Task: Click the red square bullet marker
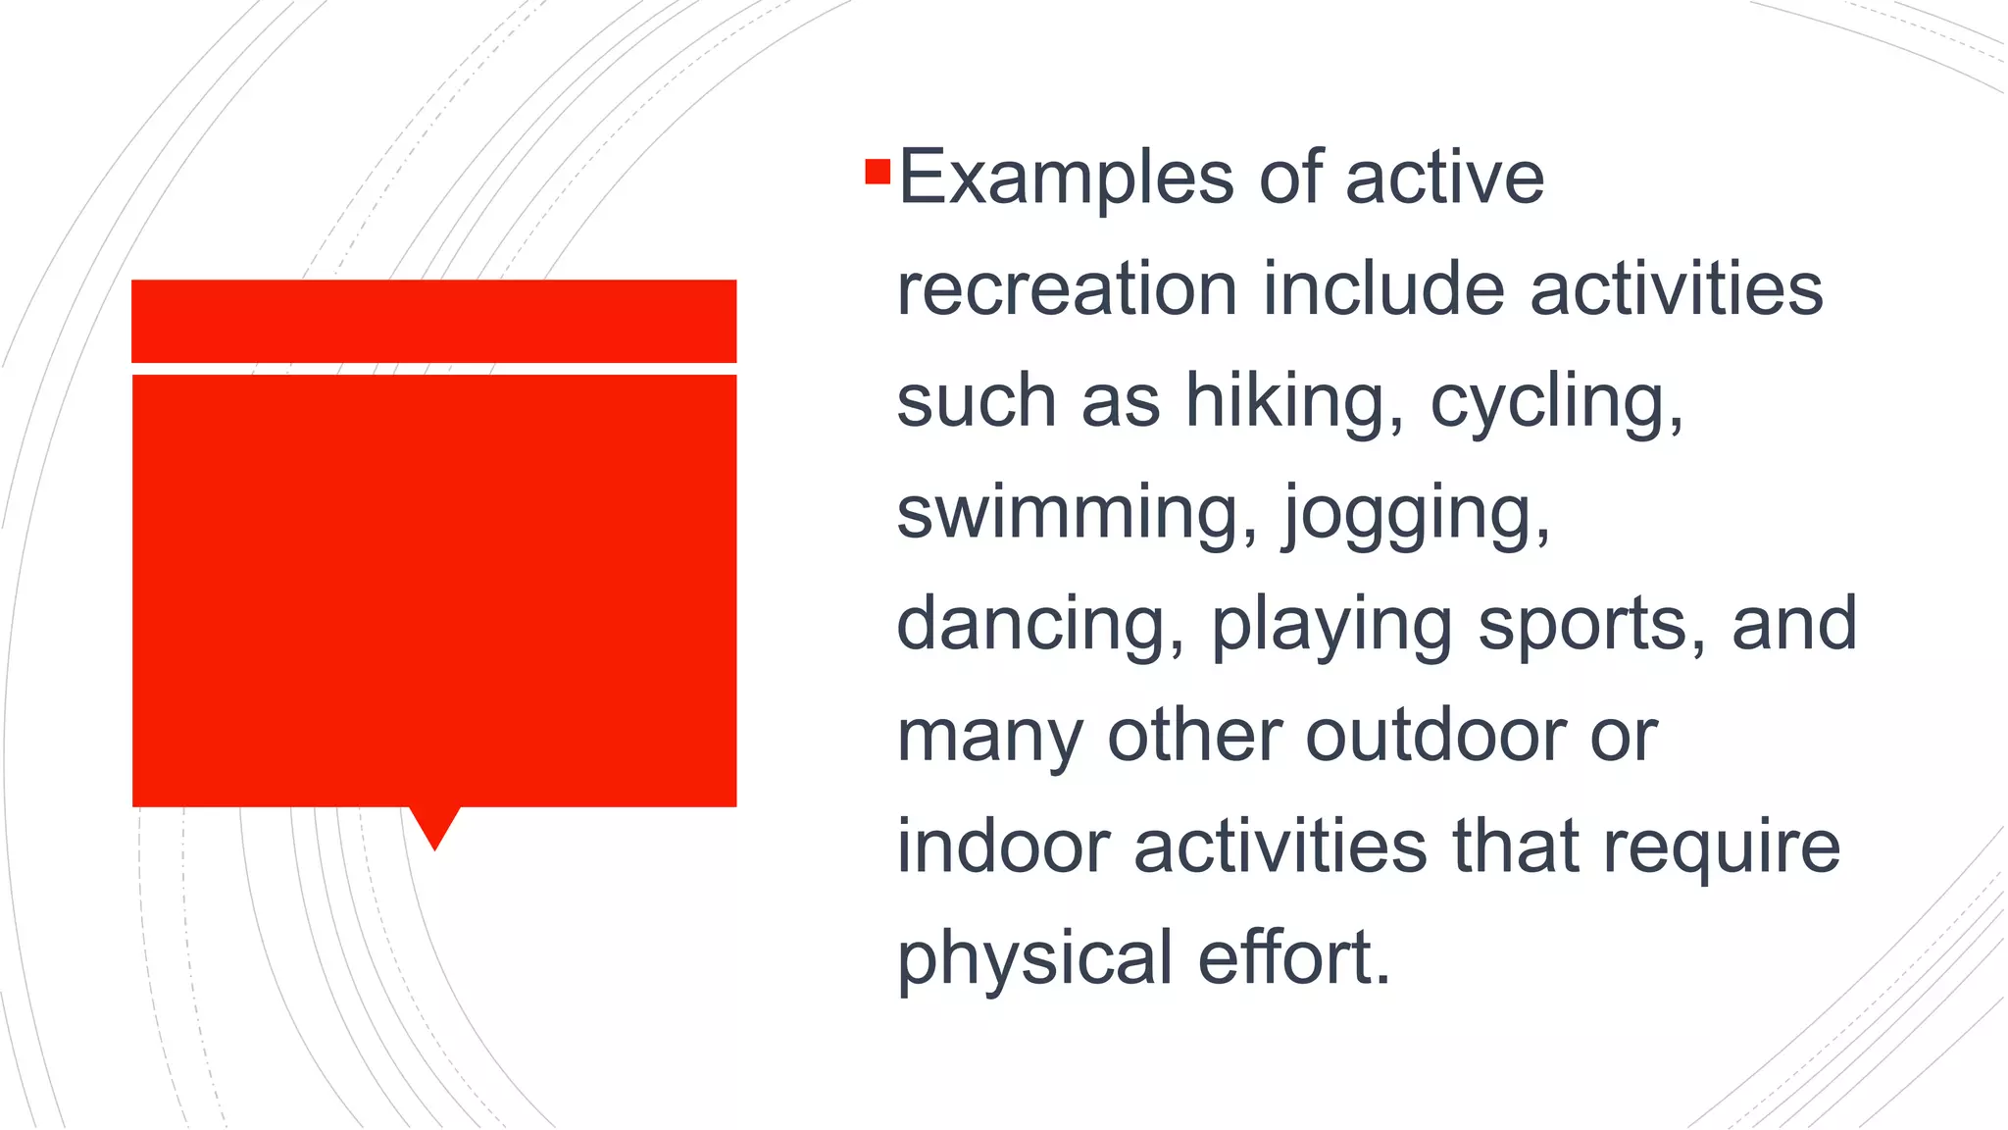point(878,173)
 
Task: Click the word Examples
point(1066,179)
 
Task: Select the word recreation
point(1067,289)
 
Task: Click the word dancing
point(1039,625)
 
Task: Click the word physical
point(1034,959)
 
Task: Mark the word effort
point(1293,957)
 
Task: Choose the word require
point(1721,848)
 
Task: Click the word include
point(1382,289)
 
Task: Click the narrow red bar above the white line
point(433,321)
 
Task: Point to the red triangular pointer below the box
point(434,826)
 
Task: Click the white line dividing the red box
point(433,369)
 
